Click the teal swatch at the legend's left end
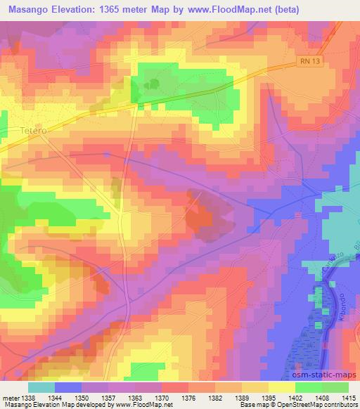point(41,387)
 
